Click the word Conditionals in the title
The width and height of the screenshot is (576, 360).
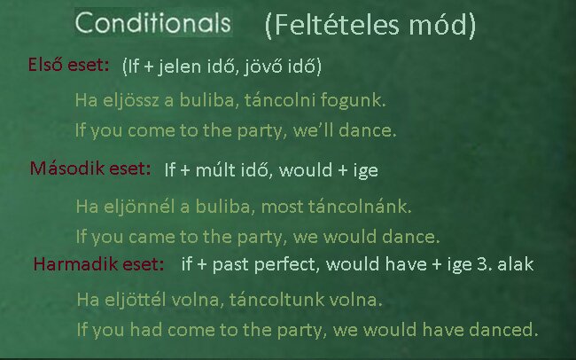point(152,22)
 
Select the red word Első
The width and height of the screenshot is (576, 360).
point(45,65)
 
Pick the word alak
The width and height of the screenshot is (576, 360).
point(515,264)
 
